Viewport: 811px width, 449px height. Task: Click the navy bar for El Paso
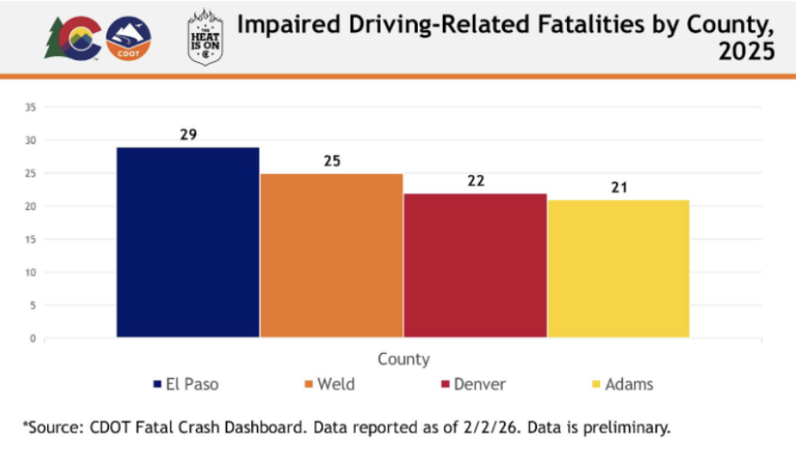pyautogui.click(x=187, y=241)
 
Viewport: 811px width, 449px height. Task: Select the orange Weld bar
pyautogui.click(x=331, y=255)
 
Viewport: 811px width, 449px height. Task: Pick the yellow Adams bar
pyautogui.click(x=618, y=268)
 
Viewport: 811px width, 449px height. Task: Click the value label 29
pyautogui.click(x=187, y=135)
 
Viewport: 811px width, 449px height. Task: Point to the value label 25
pyautogui.click(x=331, y=161)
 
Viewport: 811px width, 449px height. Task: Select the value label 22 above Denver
pyautogui.click(x=475, y=181)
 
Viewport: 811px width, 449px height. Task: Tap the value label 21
pyautogui.click(x=618, y=187)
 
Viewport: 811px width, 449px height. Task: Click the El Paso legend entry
pyautogui.click(x=185, y=384)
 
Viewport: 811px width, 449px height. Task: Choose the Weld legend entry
pyautogui.click(x=329, y=384)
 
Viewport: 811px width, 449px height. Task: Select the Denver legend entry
pyautogui.click(x=473, y=384)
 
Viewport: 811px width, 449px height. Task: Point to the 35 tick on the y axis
pyautogui.click(x=29, y=107)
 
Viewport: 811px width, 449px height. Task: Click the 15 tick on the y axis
pyautogui.click(x=29, y=240)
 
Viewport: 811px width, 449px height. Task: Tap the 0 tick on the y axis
pyautogui.click(x=32, y=338)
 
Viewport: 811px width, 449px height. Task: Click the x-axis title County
pyautogui.click(x=404, y=359)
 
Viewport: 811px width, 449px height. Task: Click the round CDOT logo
pyautogui.click(x=128, y=39)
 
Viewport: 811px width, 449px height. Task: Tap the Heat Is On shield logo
pyautogui.click(x=205, y=37)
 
